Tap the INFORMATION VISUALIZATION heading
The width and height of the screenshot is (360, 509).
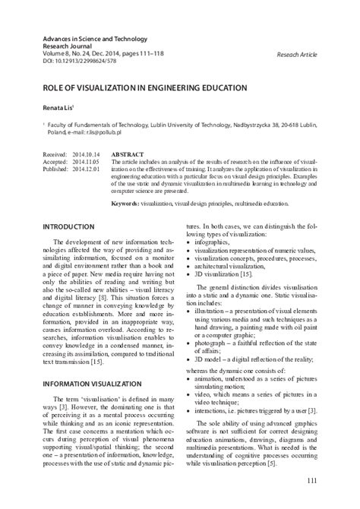click(91, 384)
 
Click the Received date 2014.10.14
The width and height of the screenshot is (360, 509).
click(87, 153)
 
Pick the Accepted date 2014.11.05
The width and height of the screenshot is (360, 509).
click(87, 162)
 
